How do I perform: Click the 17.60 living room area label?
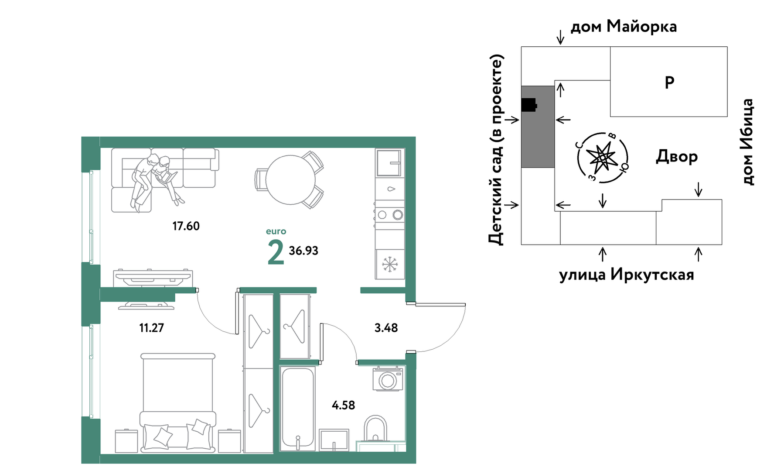coord(186,226)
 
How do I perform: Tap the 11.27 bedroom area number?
coord(151,328)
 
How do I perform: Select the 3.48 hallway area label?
coord(386,328)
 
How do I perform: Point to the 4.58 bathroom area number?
coord(343,406)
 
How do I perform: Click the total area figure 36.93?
coord(303,251)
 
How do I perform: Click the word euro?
coord(276,231)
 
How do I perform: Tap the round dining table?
coord(290,180)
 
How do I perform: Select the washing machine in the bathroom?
coord(387,379)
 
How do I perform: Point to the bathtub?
coord(298,409)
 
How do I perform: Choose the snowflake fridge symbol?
coord(390,265)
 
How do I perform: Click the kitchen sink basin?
coord(389,163)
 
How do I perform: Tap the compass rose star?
coord(602,157)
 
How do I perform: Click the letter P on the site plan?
coord(669,82)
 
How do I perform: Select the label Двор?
coord(677,156)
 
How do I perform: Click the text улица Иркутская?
coord(627,275)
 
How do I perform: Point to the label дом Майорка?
coord(624,27)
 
